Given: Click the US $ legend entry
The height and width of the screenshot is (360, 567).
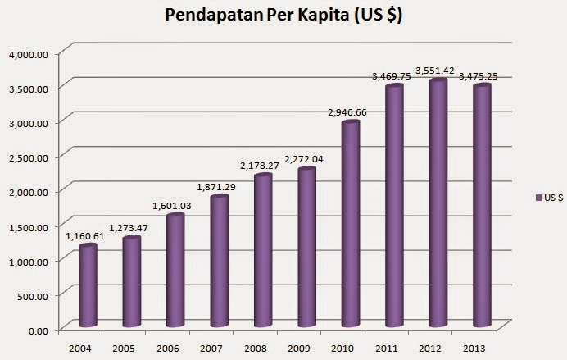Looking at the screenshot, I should [547, 198].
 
